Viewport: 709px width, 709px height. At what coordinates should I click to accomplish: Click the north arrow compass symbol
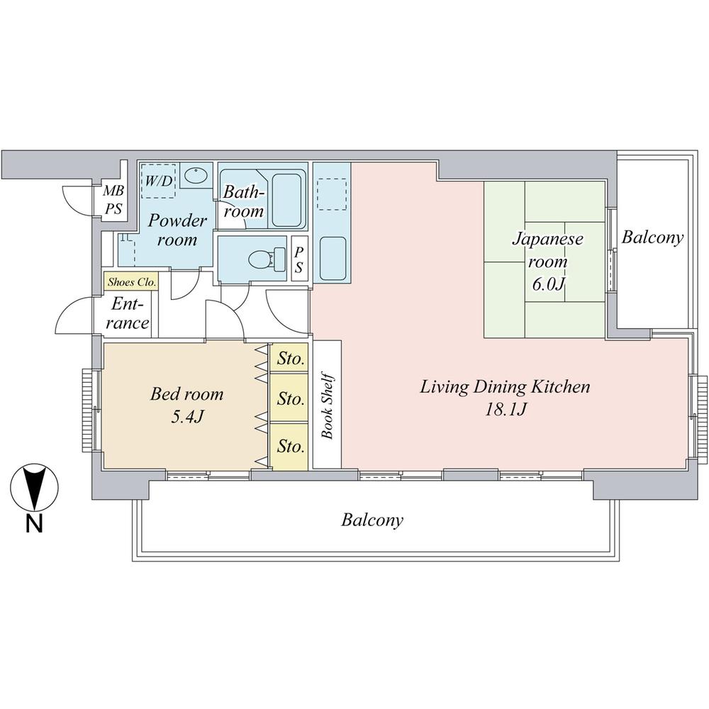click(x=33, y=488)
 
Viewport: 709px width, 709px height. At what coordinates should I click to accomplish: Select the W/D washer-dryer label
click(x=159, y=180)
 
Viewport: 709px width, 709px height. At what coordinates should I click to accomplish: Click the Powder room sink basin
click(x=195, y=174)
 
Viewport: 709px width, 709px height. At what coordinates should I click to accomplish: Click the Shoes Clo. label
click(x=131, y=281)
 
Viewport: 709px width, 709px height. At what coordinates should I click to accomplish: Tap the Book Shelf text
click(x=328, y=406)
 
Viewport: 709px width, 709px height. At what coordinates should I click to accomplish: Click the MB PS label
click(x=113, y=199)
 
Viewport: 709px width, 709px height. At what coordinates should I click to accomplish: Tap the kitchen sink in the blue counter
click(x=332, y=259)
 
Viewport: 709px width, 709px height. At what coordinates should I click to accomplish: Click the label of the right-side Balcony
click(x=652, y=237)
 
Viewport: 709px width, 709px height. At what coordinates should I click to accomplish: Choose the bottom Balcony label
click(x=372, y=520)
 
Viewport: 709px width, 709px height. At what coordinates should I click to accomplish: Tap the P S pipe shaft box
click(x=299, y=260)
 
